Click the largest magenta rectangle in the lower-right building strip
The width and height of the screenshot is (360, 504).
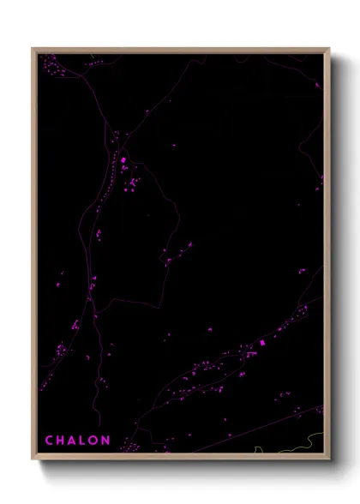[x=262, y=343]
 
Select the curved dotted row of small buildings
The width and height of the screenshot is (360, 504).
[x=106, y=184]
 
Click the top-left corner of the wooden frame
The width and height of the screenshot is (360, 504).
[x=32, y=48]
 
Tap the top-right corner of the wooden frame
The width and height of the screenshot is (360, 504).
[x=329, y=48]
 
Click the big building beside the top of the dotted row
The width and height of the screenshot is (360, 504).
[x=123, y=159]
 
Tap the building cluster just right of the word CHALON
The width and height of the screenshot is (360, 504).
[x=130, y=446]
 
